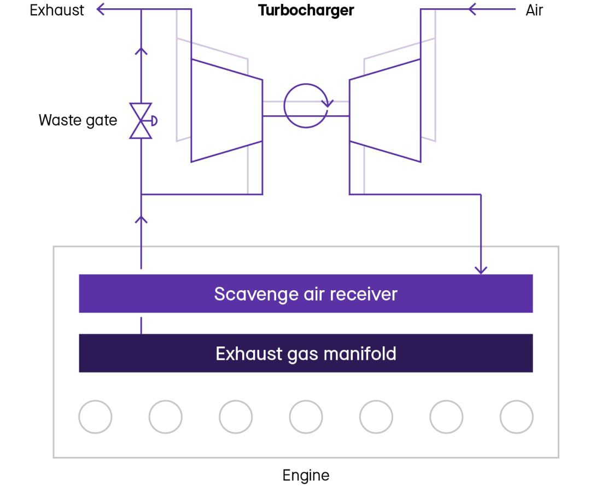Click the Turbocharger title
(x=306, y=10)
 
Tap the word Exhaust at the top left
(x=57, y=10)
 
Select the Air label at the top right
(x=534, y=10)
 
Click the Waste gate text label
(x=78, y=120)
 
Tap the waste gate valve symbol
(x=141, y=120)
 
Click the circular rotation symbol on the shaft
(x=306, y=105)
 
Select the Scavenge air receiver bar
(x=306, y=294)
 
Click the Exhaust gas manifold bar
(x=306, y=353)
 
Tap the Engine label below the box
(x=306, y=475)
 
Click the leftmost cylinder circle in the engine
(x=95, y=416)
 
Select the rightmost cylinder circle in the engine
(x=516, y=416)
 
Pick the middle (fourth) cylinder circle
(x=306, y=416)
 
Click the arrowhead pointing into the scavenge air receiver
(x=481, y=269)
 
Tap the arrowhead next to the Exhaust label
(x=101, y=9)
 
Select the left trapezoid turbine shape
(x=226, y=110)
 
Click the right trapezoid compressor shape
(x=385, y=110)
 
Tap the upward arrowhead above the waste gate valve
(x=141, y=51)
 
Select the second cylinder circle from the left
(x=165, y=416)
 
